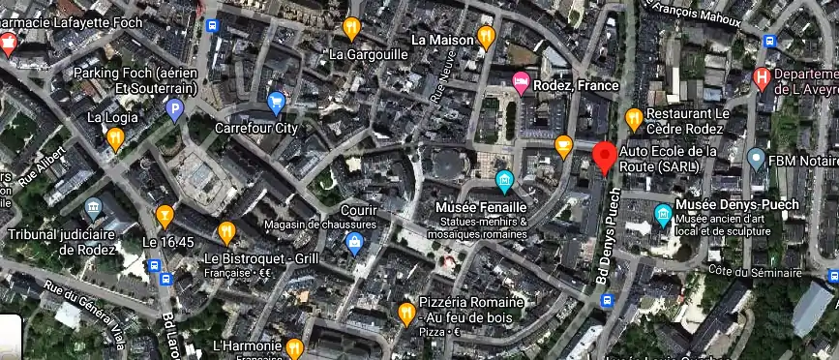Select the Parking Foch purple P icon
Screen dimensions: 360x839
coord(174,109)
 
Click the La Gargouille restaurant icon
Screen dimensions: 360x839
coord(351,28)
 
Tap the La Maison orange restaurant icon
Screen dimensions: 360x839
coord(486,39)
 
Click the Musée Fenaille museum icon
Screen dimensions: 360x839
coord(504,181)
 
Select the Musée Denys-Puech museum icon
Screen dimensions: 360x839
coord(663,214)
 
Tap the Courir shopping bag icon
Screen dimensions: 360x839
coord(354,241)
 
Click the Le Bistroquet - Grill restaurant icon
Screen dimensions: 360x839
coord(226,232)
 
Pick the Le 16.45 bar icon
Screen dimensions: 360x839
coord(165,216)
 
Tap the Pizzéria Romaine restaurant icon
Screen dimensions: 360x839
coord(406,314)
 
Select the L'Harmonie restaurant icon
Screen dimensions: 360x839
coord(295,347)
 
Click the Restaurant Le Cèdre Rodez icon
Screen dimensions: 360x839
coord(634,119)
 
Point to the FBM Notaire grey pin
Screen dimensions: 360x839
coord(757,158)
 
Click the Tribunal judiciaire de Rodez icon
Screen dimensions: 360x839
coord(93,208)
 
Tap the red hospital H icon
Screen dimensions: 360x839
coord(763,77)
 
